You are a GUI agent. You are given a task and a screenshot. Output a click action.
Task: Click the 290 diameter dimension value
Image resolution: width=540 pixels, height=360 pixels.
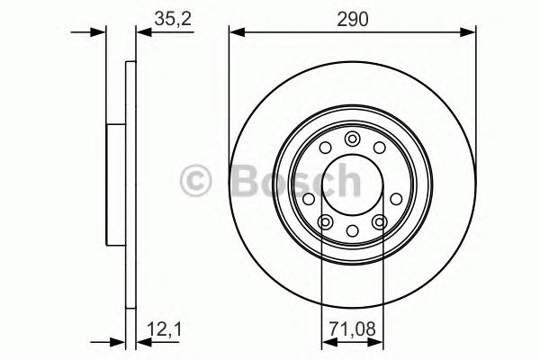click(x=353, y=17)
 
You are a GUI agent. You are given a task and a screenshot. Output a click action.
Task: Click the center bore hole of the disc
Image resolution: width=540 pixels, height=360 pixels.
click(x=353, y=184)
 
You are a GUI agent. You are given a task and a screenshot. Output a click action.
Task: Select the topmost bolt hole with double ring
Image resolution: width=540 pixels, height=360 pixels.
click(x=353, y=139)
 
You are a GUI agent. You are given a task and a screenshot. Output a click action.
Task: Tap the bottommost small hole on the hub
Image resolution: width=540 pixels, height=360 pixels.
click(x=353, y=232)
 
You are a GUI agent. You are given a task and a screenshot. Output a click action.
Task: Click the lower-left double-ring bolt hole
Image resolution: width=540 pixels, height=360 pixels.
click(x=326, y=220)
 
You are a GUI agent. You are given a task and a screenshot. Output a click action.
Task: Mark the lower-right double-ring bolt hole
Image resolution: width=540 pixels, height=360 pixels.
click(x=380, y=220)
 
